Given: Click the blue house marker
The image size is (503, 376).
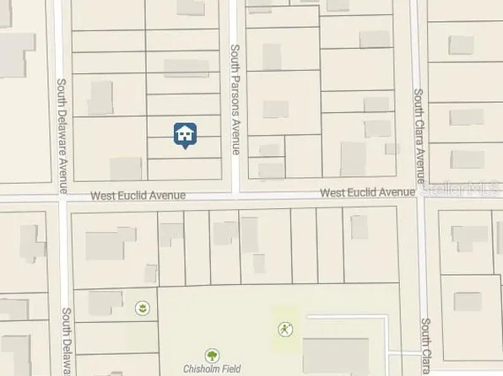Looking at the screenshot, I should coord(186,134).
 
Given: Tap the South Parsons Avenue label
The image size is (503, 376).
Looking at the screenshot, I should coord(235,99).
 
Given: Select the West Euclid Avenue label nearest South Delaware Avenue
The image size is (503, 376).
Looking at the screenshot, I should coord(137,196).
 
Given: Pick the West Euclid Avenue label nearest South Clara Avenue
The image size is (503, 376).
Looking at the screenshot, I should coord(366,193).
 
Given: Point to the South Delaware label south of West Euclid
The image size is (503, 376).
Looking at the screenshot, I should coord(65,341).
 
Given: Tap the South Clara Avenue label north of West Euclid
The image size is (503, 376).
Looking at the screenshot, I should coord(419,137).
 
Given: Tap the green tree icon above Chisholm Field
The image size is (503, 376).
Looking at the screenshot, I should coord(212,356).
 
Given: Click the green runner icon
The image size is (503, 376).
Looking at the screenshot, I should coord(284,328).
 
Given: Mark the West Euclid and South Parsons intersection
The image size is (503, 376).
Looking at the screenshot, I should coord(237,194).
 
